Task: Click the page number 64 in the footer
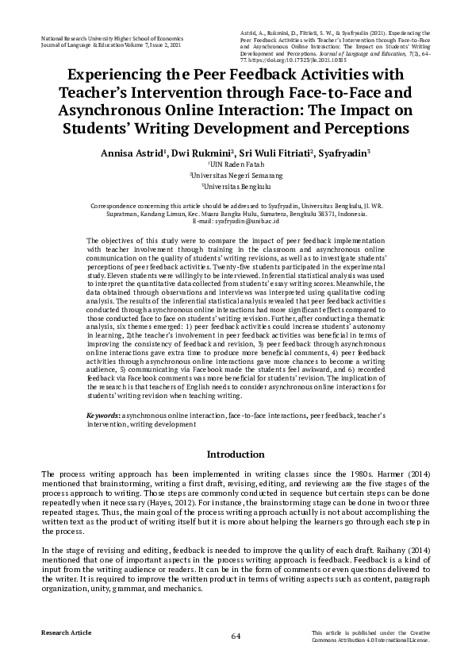pos(236,636)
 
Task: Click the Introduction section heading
pos(236,455)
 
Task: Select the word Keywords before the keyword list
pos(104,416)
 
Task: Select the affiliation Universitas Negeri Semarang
pos(236,176)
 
